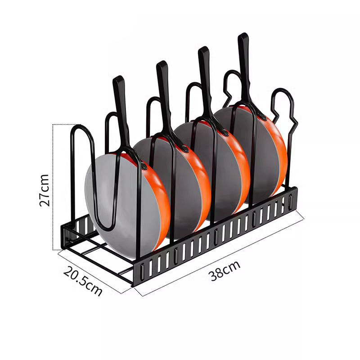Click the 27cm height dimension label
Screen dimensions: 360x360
click(44, 190)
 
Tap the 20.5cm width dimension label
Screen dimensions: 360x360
click(83, 281)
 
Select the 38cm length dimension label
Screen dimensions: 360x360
click(224, 271)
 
